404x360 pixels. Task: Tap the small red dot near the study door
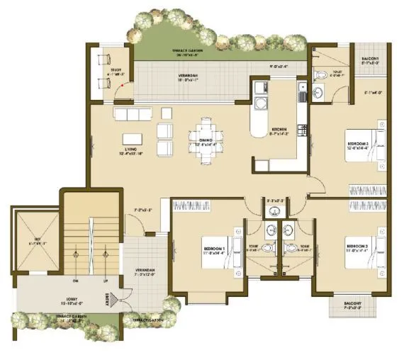pyautogui.click(x=122, y=86)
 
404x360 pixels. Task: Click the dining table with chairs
pyautogui.click(x=211, y=133)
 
